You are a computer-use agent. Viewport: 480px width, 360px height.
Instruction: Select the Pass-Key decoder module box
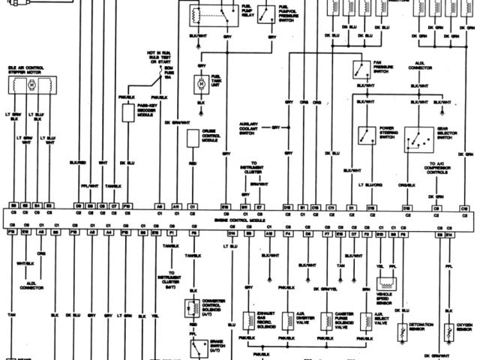[128, 113]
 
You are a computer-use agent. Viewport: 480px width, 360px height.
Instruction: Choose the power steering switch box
[367, 136]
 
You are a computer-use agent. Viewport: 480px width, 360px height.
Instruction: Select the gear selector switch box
[415, 136]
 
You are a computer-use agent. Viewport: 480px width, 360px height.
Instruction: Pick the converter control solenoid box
[193, 308]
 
